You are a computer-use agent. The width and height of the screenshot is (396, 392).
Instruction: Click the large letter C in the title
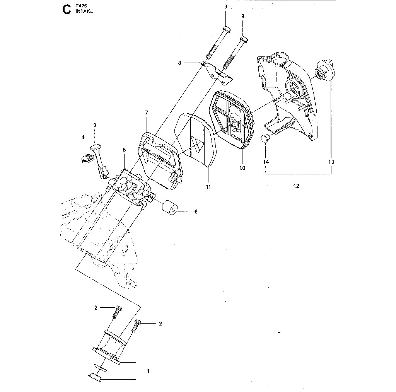67,10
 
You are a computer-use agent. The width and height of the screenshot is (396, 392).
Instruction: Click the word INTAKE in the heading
84,11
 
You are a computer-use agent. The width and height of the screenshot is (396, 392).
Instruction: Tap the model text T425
81,5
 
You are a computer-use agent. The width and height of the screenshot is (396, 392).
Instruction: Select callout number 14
266,162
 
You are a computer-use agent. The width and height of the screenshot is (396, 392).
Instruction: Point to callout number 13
331,162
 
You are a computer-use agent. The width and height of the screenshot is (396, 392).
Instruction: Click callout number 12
296,186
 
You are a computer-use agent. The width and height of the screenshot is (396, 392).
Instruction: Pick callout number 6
196,211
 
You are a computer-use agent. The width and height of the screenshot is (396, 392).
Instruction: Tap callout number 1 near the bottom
148,371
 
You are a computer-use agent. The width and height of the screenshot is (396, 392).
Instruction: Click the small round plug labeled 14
265,138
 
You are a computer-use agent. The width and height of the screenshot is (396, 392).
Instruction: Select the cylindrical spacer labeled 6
170,208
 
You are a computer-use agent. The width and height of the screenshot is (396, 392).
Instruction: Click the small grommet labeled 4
87,159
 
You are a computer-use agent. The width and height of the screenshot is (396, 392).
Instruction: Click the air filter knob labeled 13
325,71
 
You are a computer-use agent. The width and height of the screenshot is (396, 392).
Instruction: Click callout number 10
242,168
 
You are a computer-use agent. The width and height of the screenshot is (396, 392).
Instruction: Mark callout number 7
147,112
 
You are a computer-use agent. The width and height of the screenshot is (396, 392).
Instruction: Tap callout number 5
124,150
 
